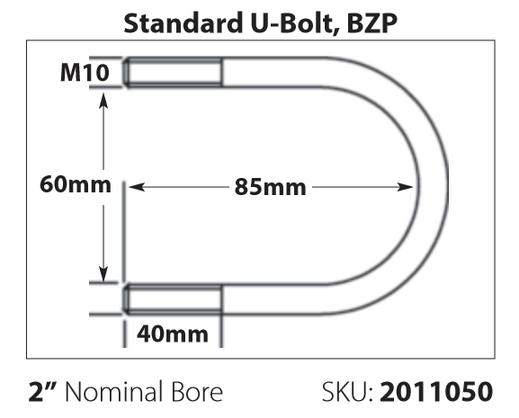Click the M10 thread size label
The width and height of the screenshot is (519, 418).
point(85,73)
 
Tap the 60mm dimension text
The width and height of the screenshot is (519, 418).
point(76,184)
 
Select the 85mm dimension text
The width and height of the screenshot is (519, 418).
point(270,187)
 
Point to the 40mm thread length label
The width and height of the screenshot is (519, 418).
point(173,334)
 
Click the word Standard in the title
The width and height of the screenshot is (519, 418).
point(183,23)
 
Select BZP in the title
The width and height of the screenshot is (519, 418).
point(372,23)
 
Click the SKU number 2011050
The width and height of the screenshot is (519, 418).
point(436,392)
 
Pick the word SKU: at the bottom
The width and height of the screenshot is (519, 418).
point(347,392)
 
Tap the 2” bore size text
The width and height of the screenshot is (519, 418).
point(44,391)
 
